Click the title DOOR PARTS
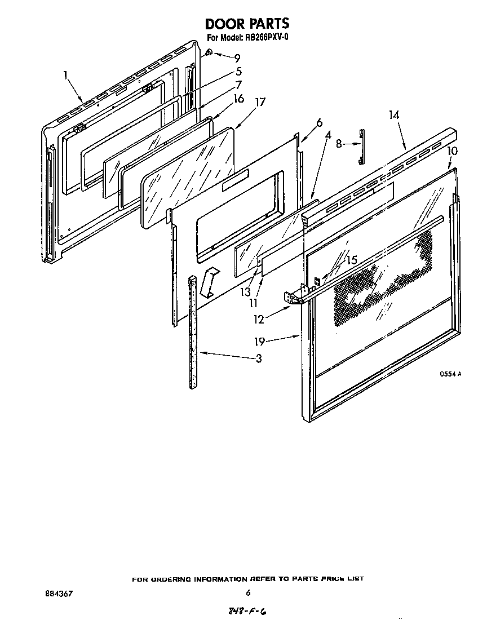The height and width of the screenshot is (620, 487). point(246,24)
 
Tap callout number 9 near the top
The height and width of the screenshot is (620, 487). point(237,57)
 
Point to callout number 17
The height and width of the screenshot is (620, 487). point(260,103)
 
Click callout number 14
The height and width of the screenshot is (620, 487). point(393,114)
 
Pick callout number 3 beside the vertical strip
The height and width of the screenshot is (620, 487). point(258,358)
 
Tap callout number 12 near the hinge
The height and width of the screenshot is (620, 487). point(258,320)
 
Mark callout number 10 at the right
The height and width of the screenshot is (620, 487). point(452,150)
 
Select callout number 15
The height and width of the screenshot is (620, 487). point(351,260)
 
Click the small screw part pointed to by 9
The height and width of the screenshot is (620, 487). point(209,53)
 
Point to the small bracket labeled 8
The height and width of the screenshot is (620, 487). point(360,147)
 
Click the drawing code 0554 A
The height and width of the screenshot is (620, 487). point(451,374)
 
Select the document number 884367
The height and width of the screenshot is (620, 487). point(58,593)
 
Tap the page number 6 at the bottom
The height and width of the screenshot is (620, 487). point(248,592)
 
